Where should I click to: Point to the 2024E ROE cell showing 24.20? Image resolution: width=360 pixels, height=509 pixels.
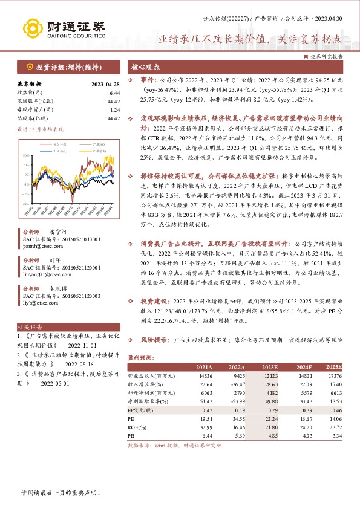point(304,426)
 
